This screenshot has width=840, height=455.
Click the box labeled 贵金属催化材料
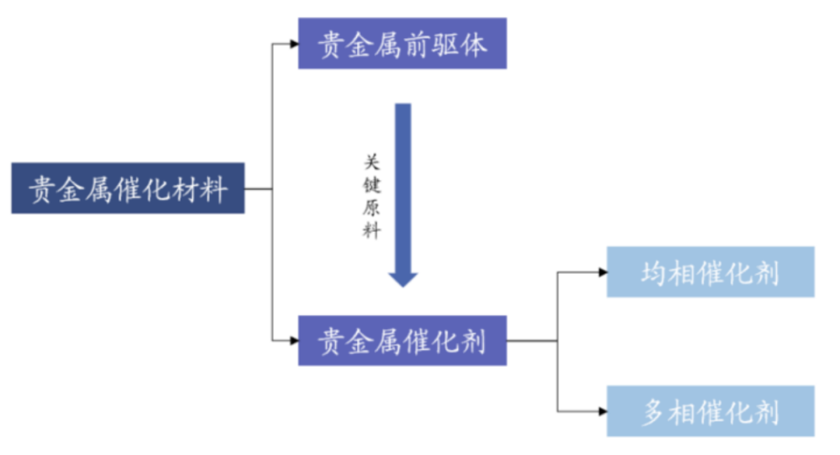[128, 188]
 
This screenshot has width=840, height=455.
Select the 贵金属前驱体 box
[402, 44]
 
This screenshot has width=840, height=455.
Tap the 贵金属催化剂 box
[402, 341]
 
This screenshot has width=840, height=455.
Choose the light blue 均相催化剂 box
[710, 272]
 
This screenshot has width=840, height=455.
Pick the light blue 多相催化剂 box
[710, 411]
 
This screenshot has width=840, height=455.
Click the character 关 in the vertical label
[372, 163]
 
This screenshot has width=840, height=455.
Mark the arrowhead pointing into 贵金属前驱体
[293, 44]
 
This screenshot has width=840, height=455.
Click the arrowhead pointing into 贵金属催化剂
[293, 341]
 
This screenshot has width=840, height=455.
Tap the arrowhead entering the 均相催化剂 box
[602, 272]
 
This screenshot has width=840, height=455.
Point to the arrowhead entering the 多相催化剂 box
[602, 411]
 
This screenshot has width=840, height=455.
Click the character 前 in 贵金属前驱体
[418, 44]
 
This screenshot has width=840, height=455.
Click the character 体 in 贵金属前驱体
[474, 44]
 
